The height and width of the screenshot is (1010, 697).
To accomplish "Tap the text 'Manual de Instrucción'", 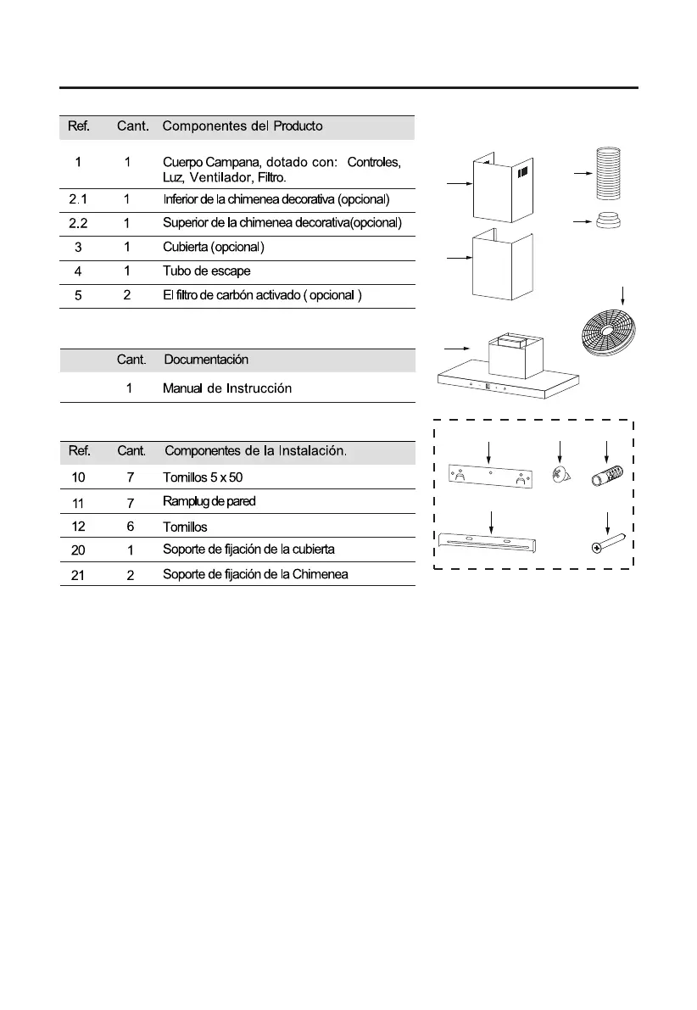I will [227, 388].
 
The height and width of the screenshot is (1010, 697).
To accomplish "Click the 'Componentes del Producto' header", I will [243, 127].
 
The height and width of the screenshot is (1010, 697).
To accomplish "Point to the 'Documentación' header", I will [206, 360].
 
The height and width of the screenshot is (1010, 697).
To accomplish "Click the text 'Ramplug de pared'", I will [209, 502].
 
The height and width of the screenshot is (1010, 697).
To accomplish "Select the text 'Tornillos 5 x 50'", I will [203, 477].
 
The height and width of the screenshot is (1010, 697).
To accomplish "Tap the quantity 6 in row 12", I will [130, 526].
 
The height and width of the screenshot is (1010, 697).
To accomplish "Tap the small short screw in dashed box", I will [558, 477].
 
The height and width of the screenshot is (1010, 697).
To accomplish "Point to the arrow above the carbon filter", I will [624, 295].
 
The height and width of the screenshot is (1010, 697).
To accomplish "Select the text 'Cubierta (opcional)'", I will [214, 248].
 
